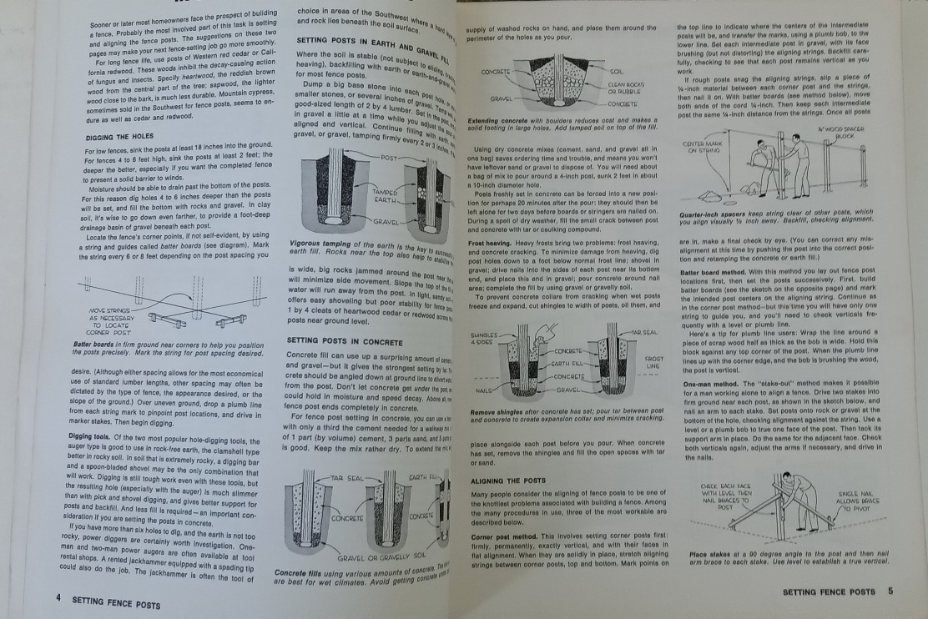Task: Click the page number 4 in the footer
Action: (58, 598)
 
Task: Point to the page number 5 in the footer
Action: (890, 591)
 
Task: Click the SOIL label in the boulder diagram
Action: (617, 73)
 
